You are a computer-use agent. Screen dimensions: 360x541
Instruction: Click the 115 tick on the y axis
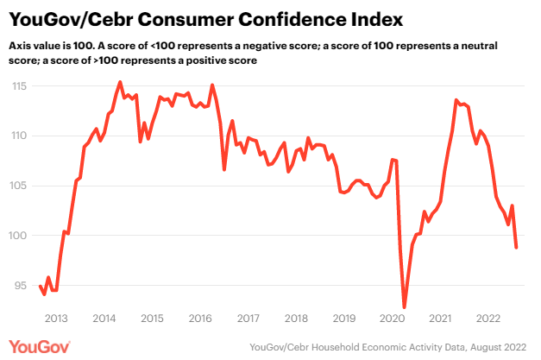coord(21,86)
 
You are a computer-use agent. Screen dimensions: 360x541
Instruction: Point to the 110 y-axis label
coord(21,136)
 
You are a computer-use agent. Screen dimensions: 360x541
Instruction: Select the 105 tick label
coord(21,186)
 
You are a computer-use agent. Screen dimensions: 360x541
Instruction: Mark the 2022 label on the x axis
coord(488,318)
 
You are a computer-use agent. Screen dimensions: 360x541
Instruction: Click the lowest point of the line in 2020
coord(405,307)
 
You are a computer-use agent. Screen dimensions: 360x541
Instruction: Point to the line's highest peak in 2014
coord(119,82)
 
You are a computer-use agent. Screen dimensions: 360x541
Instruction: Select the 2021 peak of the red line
coord(456,100)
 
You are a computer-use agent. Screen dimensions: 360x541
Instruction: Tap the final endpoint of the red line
coord(517,248)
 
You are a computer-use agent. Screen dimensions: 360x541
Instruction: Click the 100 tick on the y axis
coord(21,236)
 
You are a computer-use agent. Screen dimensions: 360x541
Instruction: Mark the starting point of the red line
coord(40,285)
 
